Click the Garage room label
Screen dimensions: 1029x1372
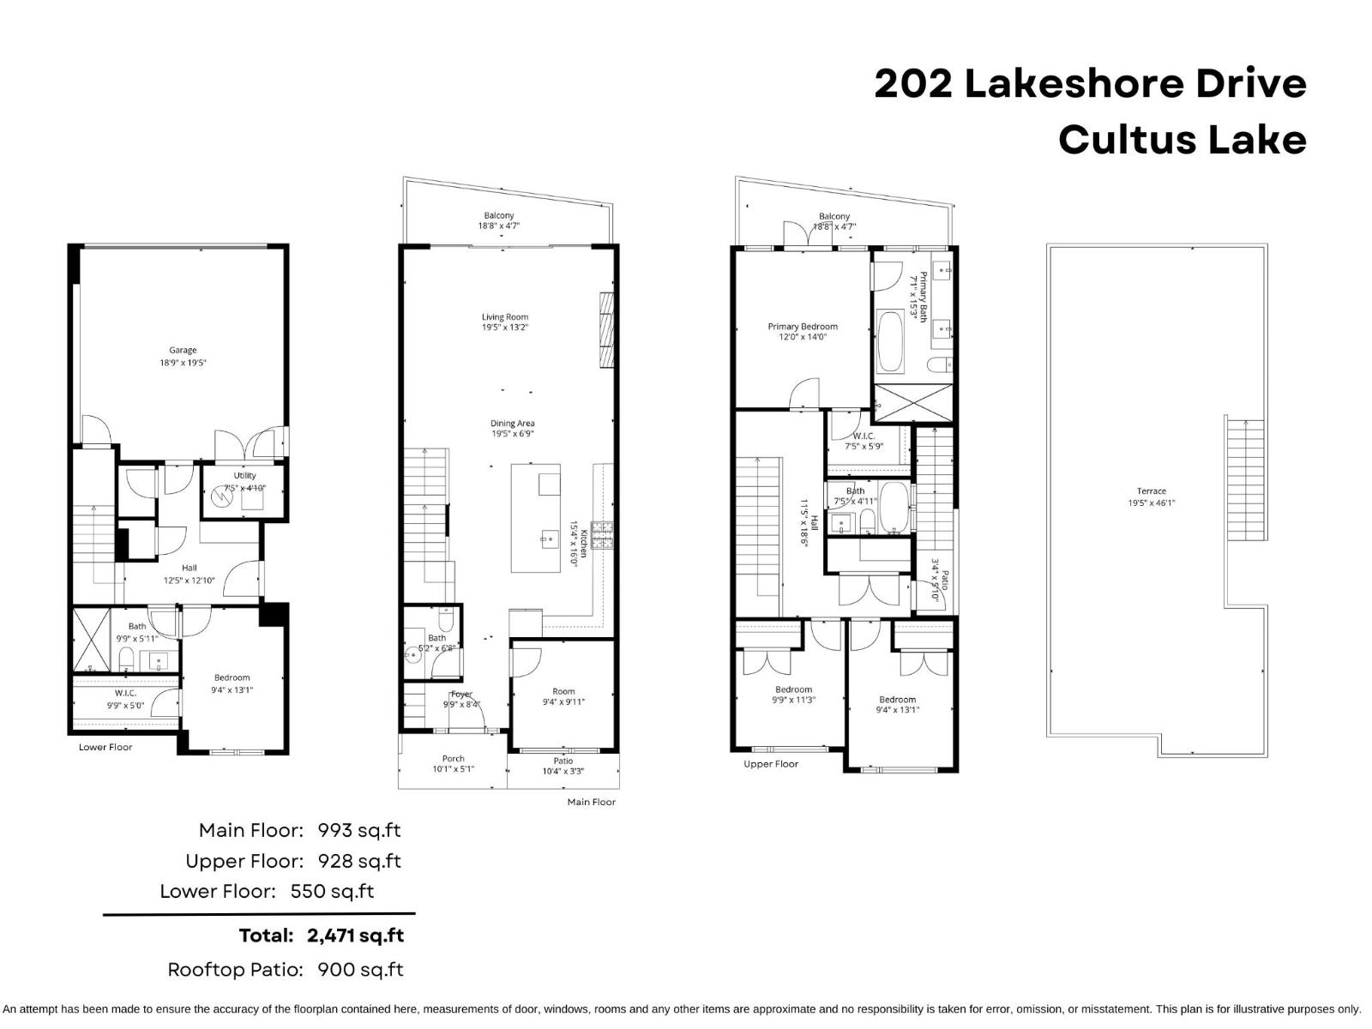tap(183, 350)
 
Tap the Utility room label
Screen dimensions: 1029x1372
tap(245, 475)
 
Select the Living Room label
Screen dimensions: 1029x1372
tap(504, 317)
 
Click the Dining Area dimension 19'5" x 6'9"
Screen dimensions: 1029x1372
tap(513, 434)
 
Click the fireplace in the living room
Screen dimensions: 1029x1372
tap(607, 330)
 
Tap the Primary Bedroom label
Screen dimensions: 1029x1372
tap(803, 327)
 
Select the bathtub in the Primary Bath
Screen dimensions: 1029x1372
tap(890, 342)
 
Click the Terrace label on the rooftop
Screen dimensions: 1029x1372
tap(1151, 491)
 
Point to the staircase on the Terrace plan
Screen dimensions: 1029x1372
tap(1245, 480)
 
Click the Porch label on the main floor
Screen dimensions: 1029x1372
tap(453, 758)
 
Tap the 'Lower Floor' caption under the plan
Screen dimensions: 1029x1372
tap(105, 747)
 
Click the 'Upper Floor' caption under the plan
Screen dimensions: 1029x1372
tap(770, 764)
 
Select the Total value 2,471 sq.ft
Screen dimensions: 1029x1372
tap(355, 936)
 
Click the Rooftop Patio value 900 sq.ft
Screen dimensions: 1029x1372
tap(360, 970)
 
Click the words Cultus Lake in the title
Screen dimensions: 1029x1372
tap(1182, 140)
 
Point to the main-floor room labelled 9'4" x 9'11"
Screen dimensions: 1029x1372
tap(563, 696)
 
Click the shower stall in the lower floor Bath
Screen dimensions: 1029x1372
tap(91, 640)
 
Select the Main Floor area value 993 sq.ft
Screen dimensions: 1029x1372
tap(358, 830)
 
